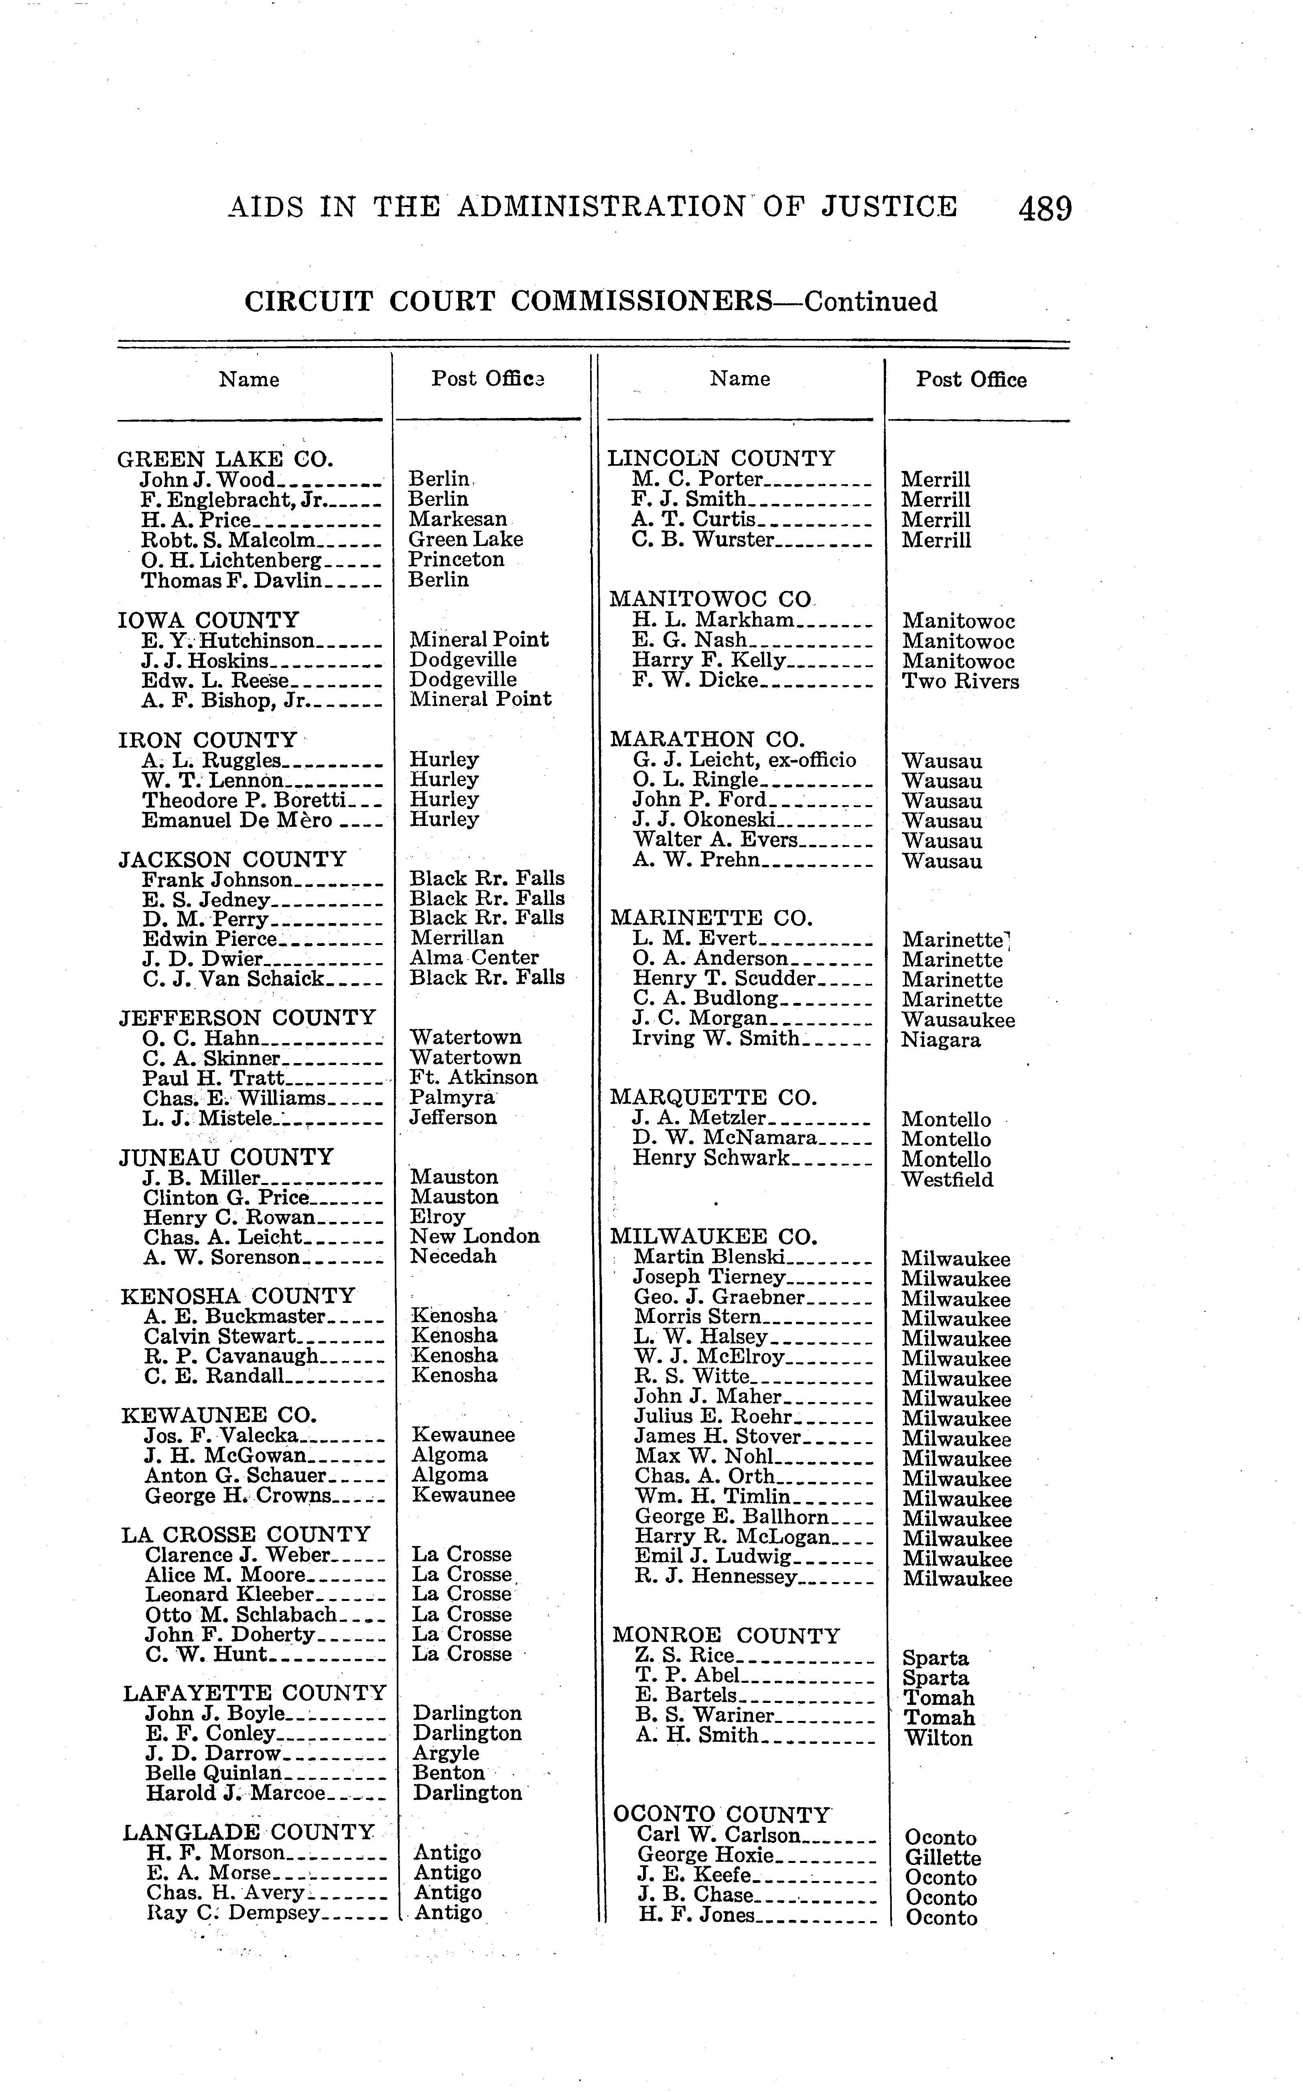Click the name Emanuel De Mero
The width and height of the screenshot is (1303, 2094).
[237, 820]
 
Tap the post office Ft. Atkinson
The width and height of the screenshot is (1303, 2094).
[473, 1077]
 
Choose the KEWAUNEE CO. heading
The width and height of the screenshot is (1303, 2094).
[219, 1415]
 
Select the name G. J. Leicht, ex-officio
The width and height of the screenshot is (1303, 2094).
[745, 760]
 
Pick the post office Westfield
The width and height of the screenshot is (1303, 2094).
[947, 1180]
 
